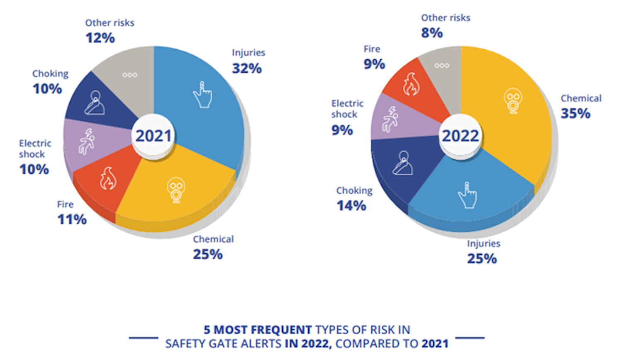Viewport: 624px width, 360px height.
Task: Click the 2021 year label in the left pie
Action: tap(154, 136)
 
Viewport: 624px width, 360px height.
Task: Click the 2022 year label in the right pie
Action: tap(460, 136)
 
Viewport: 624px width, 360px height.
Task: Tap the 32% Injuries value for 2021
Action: tap(247, 68)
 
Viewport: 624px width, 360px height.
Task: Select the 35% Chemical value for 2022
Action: tap(575, 113)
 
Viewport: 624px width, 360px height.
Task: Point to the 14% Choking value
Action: tap(351, 205)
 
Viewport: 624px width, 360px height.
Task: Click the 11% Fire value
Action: tap(72, 219)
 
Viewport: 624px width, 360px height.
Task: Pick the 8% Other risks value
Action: tap(432, 33)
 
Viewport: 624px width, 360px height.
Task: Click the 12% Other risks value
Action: tap(100, 38)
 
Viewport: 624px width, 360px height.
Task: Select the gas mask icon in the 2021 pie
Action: tap(176, 190)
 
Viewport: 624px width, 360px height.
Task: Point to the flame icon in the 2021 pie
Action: tap(108, 178)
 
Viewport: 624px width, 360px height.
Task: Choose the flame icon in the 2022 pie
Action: tap(411, 84)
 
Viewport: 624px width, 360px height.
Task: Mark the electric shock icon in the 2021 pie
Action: tap(87, 141)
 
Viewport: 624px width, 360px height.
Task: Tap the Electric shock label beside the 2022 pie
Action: tap(347, 109)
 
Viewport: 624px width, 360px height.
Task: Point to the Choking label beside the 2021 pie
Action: tap(50, 73)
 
